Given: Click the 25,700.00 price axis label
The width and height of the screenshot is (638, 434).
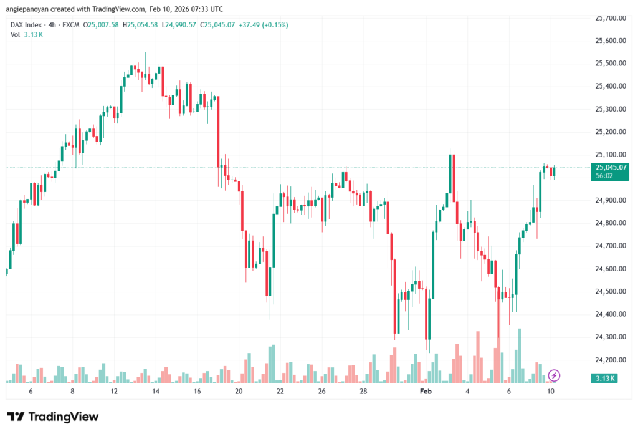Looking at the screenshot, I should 610,18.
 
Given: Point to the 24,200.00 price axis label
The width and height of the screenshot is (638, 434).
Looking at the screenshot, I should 610,360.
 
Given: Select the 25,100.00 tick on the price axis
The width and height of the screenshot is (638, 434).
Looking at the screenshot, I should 610,155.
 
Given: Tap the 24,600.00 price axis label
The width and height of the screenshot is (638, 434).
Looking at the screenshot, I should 610,269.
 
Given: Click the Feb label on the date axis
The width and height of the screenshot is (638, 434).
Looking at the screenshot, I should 426,391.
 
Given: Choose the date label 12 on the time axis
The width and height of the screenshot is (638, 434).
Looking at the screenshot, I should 114,391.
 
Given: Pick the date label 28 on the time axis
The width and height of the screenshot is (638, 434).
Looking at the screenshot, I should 364,391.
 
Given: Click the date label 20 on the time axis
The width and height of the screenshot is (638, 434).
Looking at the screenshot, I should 239,391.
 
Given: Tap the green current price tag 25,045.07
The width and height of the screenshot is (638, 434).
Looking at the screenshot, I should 611,167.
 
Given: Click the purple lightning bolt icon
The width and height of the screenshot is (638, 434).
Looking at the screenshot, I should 554,375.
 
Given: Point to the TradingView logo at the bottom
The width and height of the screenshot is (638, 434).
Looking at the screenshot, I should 53,417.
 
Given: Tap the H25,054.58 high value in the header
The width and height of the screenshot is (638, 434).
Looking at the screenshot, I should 141,25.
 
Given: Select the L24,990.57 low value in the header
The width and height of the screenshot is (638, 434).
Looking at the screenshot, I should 180,25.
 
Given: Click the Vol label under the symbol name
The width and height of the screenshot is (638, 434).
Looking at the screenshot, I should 16,34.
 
